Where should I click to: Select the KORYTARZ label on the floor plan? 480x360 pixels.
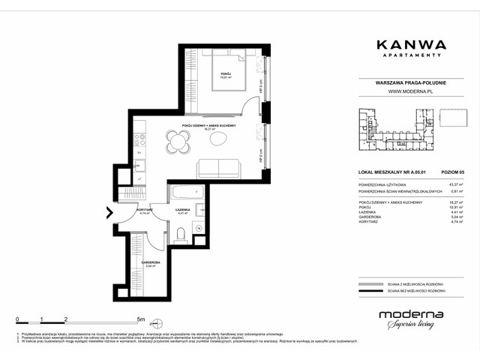click(145, 209)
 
